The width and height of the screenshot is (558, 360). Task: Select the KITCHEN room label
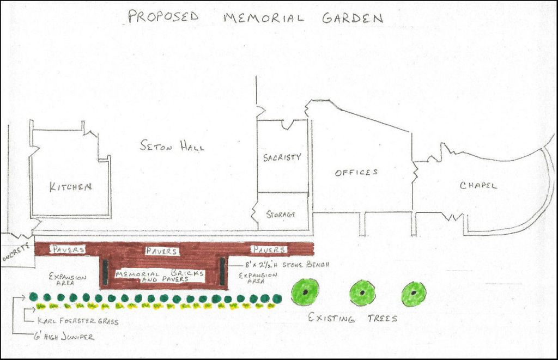point(71,187)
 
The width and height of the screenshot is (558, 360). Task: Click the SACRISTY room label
point(282,157)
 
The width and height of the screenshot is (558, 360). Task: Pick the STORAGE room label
point(281,214)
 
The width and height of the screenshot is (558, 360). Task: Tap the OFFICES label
point(356,172)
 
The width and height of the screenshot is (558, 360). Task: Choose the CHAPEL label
point(478,185)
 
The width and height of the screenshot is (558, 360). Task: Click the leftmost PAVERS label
point(68,249)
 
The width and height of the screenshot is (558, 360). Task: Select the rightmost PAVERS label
point(269,249)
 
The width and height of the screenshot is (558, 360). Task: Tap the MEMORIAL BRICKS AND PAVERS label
point(160,276)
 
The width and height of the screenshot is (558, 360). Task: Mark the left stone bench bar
point(105,272)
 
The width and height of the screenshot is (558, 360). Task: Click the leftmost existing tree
point(305,292)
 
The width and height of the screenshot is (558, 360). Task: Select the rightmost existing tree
point(414,294)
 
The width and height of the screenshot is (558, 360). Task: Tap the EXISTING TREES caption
point(353,318)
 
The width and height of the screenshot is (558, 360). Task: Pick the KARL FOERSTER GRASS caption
point(77,321)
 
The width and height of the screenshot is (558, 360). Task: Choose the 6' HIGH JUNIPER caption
point(64,337)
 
